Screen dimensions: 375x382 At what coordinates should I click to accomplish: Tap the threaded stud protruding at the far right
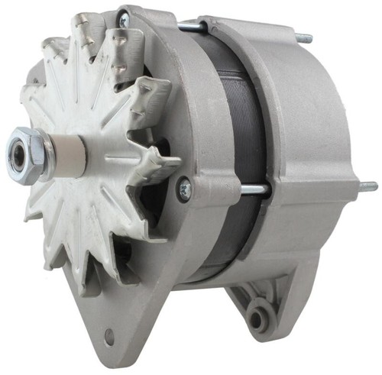coord(368,186)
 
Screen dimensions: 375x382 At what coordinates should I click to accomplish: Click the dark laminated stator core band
coord(229,137)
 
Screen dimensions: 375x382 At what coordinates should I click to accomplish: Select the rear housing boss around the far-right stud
coord(351,187)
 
